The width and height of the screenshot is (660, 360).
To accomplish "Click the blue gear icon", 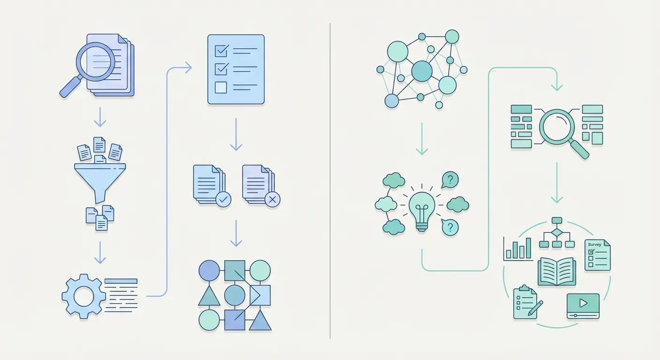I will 84,296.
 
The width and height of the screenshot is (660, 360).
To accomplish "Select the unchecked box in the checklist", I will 220,87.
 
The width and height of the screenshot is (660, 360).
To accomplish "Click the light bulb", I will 422,209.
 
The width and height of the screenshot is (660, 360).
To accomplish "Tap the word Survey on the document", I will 594,245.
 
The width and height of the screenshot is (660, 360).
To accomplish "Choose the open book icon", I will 556,272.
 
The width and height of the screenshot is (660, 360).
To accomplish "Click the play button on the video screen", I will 583,303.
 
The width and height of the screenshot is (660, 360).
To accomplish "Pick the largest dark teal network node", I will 421,71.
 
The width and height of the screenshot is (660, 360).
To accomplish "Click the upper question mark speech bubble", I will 450,179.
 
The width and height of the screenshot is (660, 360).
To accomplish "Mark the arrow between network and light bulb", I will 422,139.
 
